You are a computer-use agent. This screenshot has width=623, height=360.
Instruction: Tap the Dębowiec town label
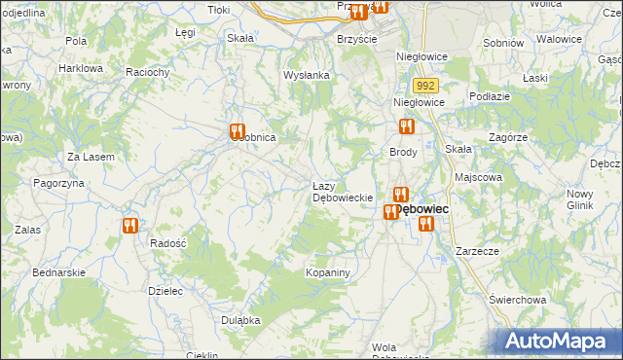(421, 209)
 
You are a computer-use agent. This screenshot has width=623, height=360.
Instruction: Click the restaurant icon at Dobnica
(236, 132)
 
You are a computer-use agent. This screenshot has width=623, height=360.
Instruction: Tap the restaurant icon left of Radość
(129, 226)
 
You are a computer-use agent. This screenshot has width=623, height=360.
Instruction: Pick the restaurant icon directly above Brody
(407, 126)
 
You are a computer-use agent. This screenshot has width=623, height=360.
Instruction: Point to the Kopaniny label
(327, 273)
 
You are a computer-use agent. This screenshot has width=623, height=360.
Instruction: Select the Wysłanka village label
(308, 75)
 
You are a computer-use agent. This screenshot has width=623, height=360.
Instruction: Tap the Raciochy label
(148, 72)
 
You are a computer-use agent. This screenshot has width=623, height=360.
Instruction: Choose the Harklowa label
(81, 69)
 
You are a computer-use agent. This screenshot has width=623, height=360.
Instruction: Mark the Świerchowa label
(515, 299)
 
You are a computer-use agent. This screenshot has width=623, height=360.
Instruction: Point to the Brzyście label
(356, 39)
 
